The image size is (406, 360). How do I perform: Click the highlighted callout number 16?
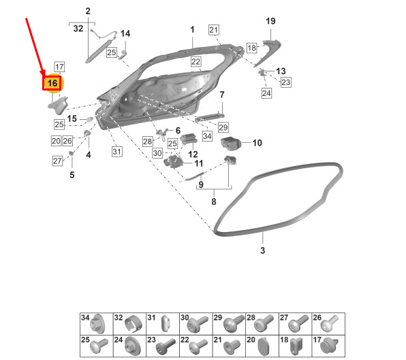52,83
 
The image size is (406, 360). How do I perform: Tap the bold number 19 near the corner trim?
270,21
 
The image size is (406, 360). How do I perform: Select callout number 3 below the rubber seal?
262,250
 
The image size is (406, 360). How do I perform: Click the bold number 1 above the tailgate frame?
192,30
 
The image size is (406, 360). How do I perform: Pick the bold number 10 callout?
257,143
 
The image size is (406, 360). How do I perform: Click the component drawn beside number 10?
230,144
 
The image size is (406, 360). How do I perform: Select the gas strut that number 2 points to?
99,51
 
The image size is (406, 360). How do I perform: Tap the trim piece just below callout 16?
59,105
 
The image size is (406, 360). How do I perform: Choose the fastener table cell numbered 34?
97,324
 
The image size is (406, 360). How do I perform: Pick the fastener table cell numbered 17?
328,346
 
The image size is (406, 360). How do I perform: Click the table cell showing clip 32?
129,324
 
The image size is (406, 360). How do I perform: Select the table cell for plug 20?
262,346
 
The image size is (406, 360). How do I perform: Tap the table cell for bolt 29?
229,324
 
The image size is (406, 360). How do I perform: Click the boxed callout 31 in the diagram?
116,152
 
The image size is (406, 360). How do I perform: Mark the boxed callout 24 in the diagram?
266,93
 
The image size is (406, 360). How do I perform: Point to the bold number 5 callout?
72,175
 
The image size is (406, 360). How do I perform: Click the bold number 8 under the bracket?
214,201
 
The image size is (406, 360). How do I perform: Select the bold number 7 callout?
222,95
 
